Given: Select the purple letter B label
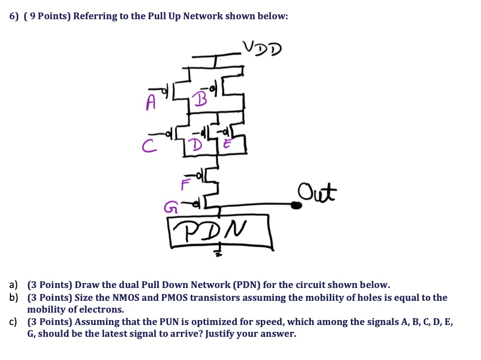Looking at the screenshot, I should (x=200, y=99).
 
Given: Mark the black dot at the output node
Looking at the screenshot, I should (x=296, y=205).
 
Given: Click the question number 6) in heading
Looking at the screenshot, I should (x=14, y=16).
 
